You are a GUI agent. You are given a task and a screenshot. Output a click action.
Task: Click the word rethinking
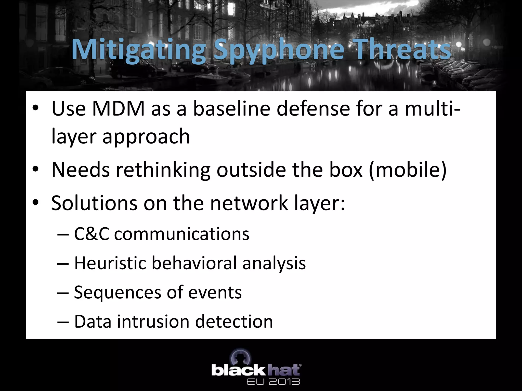click(163, 170)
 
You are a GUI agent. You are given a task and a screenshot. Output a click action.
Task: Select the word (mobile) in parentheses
click(408, 170)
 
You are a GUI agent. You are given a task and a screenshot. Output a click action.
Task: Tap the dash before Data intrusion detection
click(63, 322)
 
